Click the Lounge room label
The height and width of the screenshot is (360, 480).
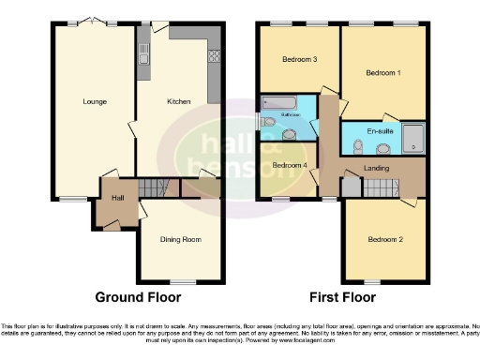click(x=94, y=101)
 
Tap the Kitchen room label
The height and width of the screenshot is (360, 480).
click(x=179, y=101)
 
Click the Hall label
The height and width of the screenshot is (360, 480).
click(x=118, y=198)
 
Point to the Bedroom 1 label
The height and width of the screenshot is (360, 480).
click(x=383, y=72)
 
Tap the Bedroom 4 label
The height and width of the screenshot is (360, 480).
click(x=289, y=165)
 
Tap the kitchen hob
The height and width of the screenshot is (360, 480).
click(x=213, y=55)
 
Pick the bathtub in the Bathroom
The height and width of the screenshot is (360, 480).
click(x=281, y=101)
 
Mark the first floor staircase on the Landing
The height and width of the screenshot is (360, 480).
click(x=380, y=187)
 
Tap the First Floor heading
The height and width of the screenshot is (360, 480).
click(x=344, y=297)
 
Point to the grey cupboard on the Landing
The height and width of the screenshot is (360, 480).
click(x=350, y=187)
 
